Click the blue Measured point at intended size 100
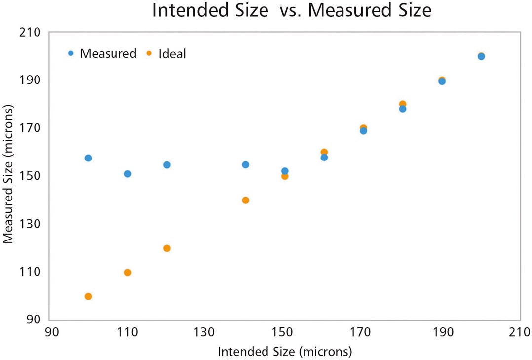(x=88, y=158)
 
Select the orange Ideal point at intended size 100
(x=88, y=296)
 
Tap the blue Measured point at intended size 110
(x=127, y=174)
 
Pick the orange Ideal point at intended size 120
(x=167, y=248)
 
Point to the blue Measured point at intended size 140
(x=245, y=164)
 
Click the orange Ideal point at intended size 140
(x=245, y=200)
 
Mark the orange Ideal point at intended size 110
(x=127, y=272)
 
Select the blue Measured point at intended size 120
(x=167, y=165)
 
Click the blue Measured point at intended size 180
(x=403, y=109)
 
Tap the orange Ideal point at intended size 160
(x=324, y=152)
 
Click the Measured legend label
(x=108, y=54)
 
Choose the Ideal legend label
(x=172, y=54)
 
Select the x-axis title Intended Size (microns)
(x=285, y=352)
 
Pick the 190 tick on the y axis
(x=31, y=80)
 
